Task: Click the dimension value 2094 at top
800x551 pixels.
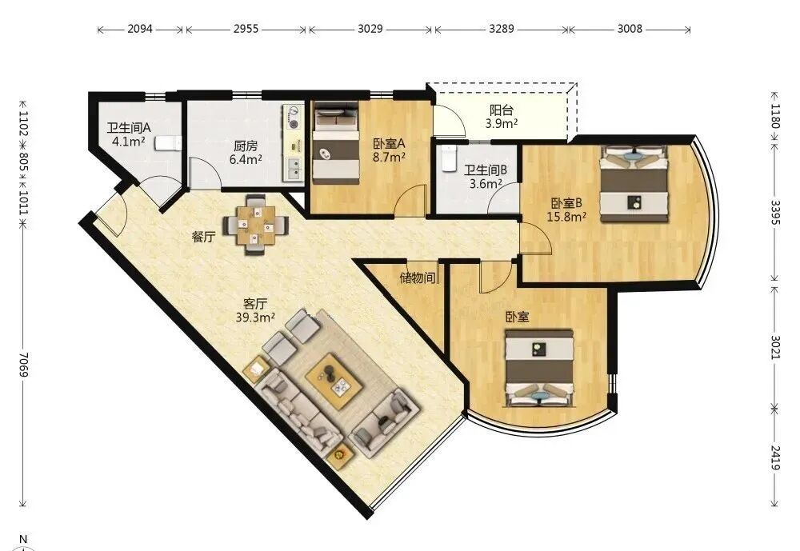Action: pos(140,29)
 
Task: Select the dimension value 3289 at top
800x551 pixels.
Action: pos(502,29)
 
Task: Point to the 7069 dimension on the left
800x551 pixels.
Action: pos(23,365)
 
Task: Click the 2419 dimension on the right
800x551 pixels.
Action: pos(775,457)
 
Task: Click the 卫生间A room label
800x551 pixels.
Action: pos(129,127)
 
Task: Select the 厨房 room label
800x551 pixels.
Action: pos(246,146)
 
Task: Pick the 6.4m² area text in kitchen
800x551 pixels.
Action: pos(246,160)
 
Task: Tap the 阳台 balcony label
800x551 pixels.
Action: pos(502,110)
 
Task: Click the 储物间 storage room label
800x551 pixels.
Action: pos(418,278)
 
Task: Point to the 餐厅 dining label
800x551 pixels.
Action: pos(203,238)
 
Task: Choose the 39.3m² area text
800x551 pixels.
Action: pos(255,317)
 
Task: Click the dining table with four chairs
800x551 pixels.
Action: pos(255,225)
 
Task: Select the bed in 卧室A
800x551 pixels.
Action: pos(336,143)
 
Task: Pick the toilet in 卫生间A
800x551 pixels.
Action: pos(168,143)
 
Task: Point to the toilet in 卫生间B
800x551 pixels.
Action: pos(449,158)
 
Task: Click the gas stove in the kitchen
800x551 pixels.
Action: pos(293,118)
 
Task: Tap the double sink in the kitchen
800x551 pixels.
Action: pos(294,169)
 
